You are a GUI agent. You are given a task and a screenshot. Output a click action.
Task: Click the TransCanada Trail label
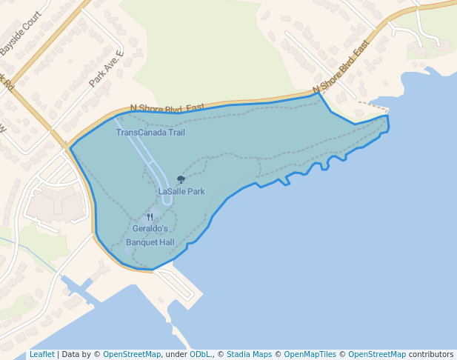click(150, 133)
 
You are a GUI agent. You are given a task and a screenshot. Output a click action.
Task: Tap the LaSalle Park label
click(181, 191)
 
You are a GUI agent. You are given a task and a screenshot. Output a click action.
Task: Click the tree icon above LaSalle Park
click(181, 179)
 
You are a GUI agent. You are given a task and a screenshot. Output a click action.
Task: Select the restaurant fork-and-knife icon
click(150, 217)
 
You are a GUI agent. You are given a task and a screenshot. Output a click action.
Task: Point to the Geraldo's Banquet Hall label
click(150, 236)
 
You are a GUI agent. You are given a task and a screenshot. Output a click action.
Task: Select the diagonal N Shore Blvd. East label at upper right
click(341, 67)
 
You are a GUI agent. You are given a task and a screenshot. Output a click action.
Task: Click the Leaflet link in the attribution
click(41, 355)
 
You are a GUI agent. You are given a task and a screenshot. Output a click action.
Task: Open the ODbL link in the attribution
click(200, 355)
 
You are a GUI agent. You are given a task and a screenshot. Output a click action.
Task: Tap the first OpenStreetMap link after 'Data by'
click(132, 355)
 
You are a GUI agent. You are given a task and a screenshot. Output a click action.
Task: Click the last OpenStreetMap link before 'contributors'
click(376, 355)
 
